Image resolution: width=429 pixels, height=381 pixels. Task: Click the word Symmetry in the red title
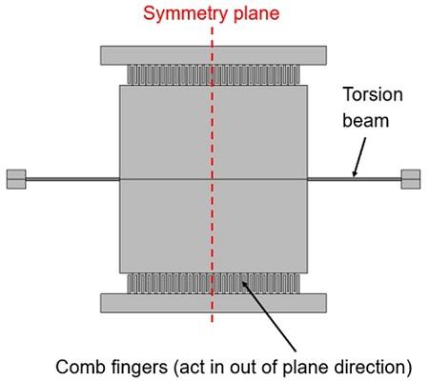click(x=185, y=13)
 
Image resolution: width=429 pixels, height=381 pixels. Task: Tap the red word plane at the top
click(x=256, y=14)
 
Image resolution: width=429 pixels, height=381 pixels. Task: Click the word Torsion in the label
click(x=373, y=94)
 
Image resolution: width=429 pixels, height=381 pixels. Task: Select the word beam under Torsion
click(x=366, y=121)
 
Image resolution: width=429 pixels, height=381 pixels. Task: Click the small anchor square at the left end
click(x=16, y=179)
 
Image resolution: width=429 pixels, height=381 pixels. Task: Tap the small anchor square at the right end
click(x=411, y=179)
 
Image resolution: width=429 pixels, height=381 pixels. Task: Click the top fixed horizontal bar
click(x=214, y=55)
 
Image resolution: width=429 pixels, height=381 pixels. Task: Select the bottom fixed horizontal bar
click(x=214, y=303)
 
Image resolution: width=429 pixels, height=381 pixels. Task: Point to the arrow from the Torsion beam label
click(x=359, y=157)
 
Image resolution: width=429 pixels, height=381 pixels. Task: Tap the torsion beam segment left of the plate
click(x=72, y=179)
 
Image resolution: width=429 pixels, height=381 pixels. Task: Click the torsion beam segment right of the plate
click(x=355, y=179)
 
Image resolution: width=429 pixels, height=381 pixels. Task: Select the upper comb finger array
click(x=214, y=74)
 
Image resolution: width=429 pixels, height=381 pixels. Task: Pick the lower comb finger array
click(x=214, y=284)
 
